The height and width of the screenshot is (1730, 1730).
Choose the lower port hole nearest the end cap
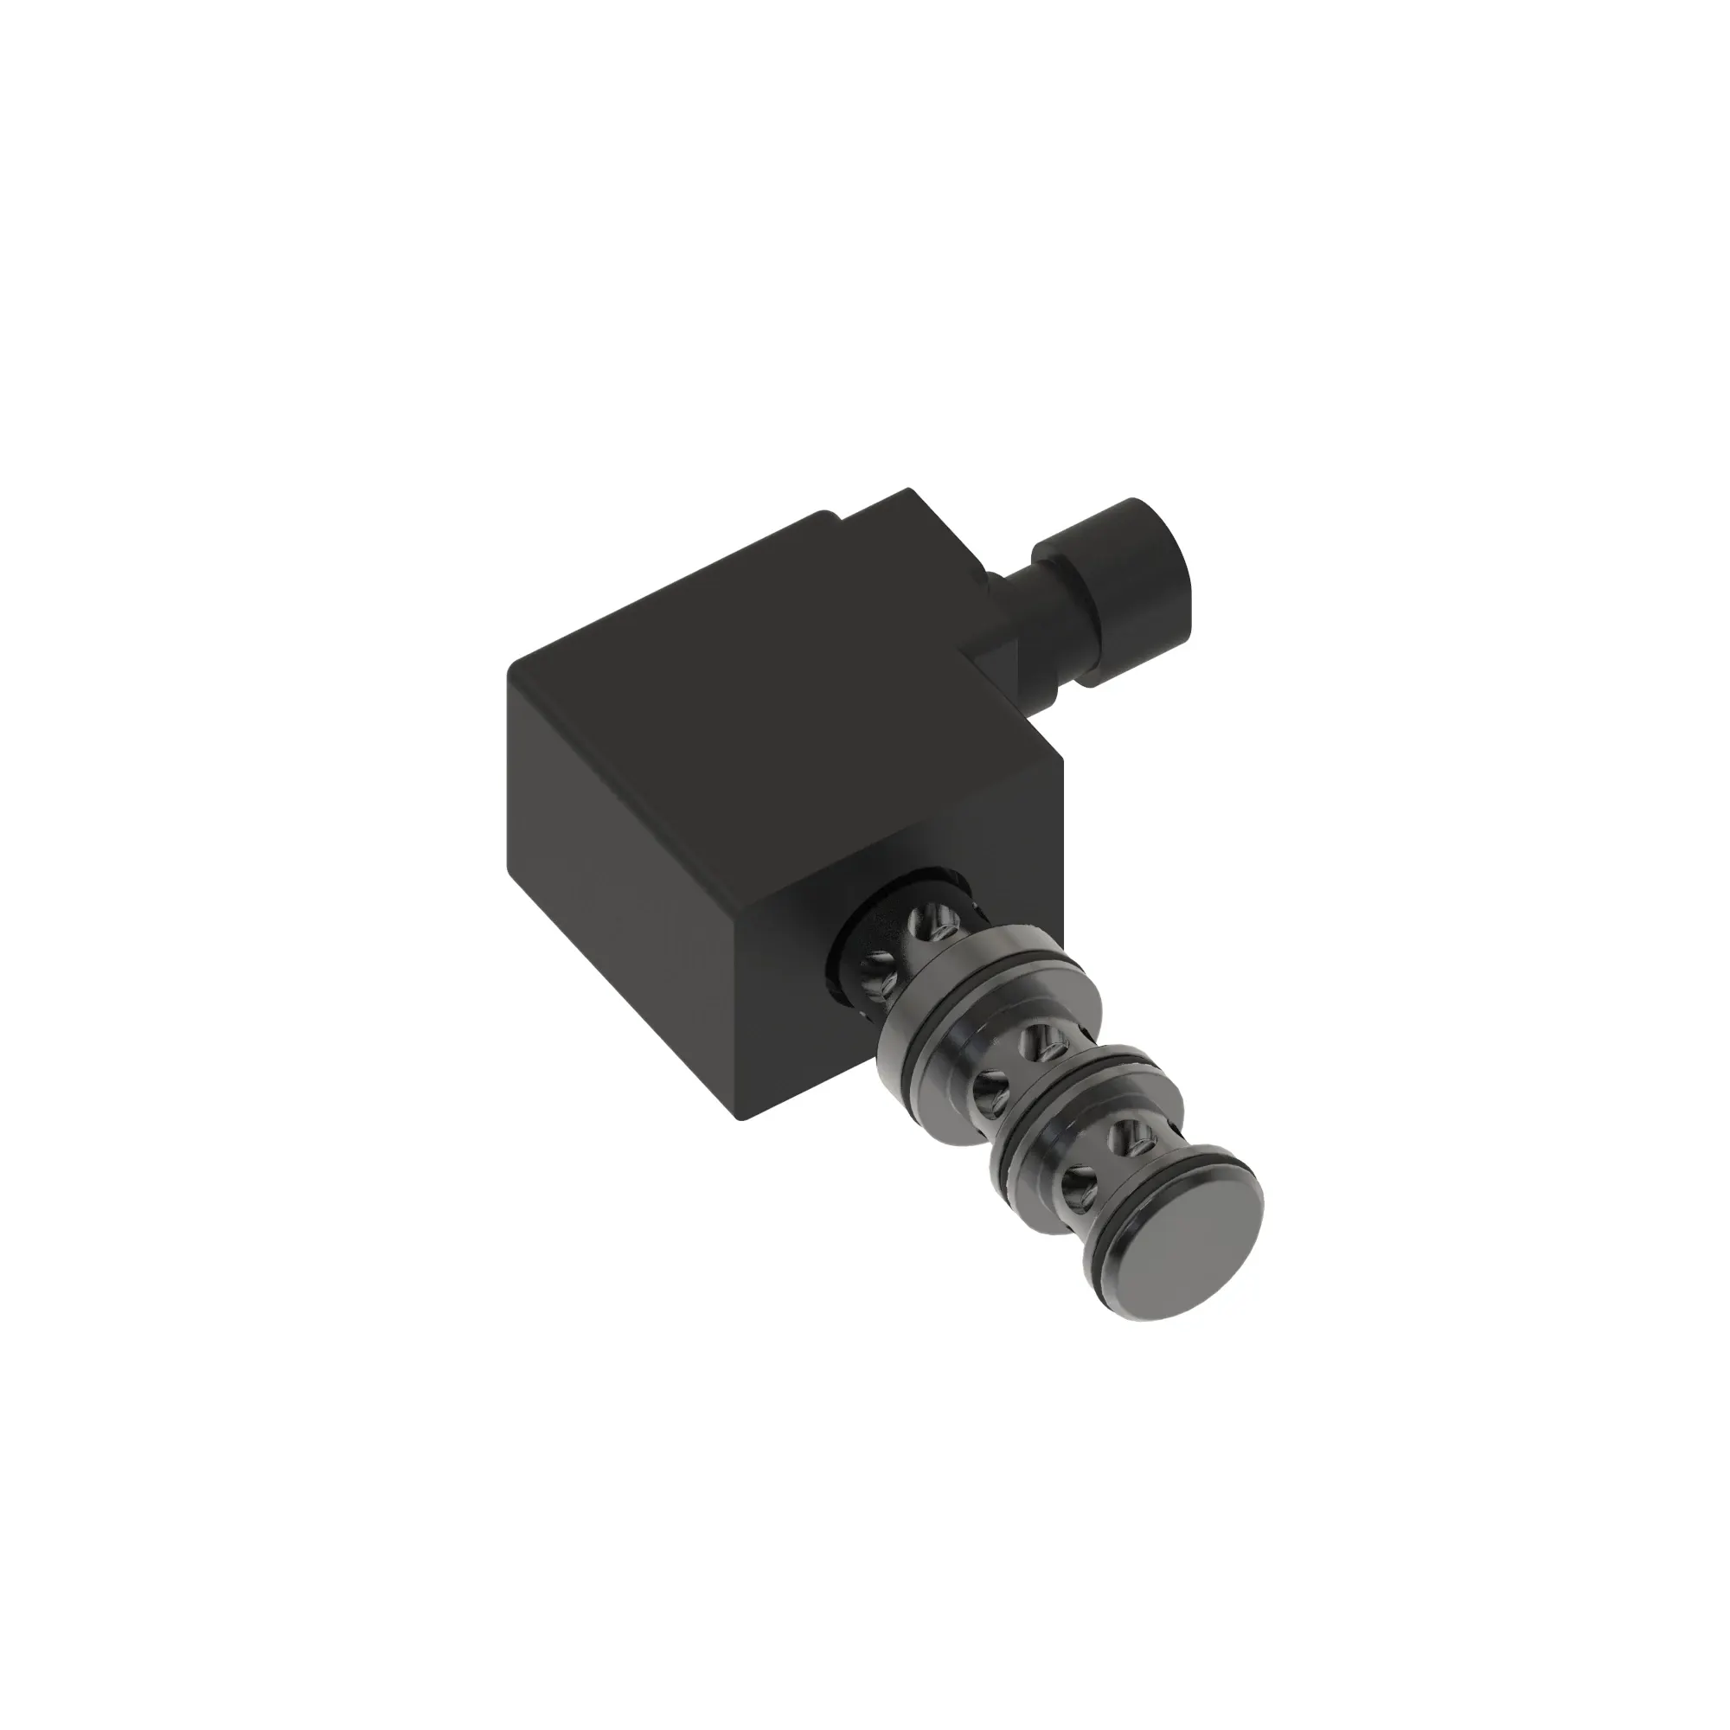(1073, 1189)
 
